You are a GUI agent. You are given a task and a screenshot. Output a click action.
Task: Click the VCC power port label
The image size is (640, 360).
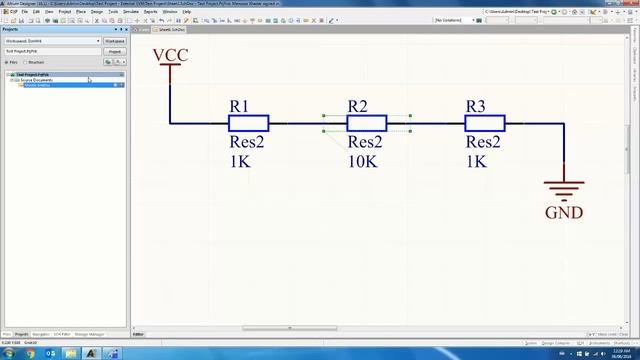click(x=170, y=54)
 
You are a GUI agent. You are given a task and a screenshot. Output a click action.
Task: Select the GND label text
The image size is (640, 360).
click(x=564, y=212)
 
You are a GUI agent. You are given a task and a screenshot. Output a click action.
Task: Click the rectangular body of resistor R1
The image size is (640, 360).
click(x=248, y=124)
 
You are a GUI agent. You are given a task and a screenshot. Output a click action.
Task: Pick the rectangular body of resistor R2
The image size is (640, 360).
click(x=367, y=124)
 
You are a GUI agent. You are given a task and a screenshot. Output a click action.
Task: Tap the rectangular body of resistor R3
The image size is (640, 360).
click(x=485, y=124)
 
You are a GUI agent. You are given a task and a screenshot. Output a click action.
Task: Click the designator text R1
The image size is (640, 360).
click(x=239, y=106)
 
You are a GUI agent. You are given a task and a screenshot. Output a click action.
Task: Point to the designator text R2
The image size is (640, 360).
click(x=357, y=106)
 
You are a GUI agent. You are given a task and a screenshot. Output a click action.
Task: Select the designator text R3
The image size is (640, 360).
click(x=476, y=106)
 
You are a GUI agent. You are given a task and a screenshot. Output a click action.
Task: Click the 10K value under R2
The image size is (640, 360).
click(x=362, y=160)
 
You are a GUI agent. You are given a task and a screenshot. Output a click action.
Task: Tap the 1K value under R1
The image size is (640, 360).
click(x=240, y=160)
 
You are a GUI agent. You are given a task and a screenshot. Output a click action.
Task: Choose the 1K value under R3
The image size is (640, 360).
click(x=476, y=160)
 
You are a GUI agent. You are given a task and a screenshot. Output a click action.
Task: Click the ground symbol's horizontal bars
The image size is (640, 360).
click(x=564, y=189)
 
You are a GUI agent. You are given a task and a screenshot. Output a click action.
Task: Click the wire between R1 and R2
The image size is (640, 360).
click(x=307, y=124)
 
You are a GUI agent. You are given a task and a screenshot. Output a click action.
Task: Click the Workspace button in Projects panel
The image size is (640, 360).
click(x=114, y=41)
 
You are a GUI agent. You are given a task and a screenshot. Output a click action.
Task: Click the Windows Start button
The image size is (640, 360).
click(x=9, y=353)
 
